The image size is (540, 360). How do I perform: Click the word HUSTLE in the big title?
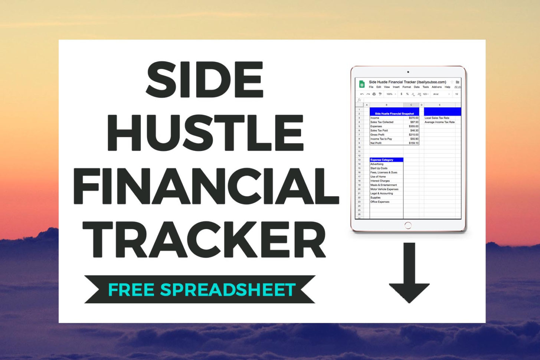point(205,132)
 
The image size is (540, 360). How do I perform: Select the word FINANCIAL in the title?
point(206,186)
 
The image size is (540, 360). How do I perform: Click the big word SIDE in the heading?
point(205,79)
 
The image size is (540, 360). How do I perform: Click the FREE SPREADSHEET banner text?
point(202,290)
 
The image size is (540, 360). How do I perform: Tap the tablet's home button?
point(408,225)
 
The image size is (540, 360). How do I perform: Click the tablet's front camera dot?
point(408,72)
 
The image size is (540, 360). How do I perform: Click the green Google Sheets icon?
point(362,84)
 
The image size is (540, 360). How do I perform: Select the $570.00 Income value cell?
point(413,118)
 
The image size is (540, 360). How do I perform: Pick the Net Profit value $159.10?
point(413,143)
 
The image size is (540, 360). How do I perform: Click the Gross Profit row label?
point(377,135)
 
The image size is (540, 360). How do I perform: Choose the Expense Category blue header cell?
point(386,160)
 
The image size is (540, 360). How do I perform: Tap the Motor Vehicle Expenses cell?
point(384,189)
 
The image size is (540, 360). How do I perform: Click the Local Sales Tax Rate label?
point(437,118)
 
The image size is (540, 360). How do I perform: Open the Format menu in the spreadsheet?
point(406,87)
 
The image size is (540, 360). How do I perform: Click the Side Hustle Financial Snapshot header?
point(394,114)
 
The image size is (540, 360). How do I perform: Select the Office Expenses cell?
point(380,202)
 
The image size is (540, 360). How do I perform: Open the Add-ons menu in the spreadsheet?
point(436,87)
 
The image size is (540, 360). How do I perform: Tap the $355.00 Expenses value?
point(413,126)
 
